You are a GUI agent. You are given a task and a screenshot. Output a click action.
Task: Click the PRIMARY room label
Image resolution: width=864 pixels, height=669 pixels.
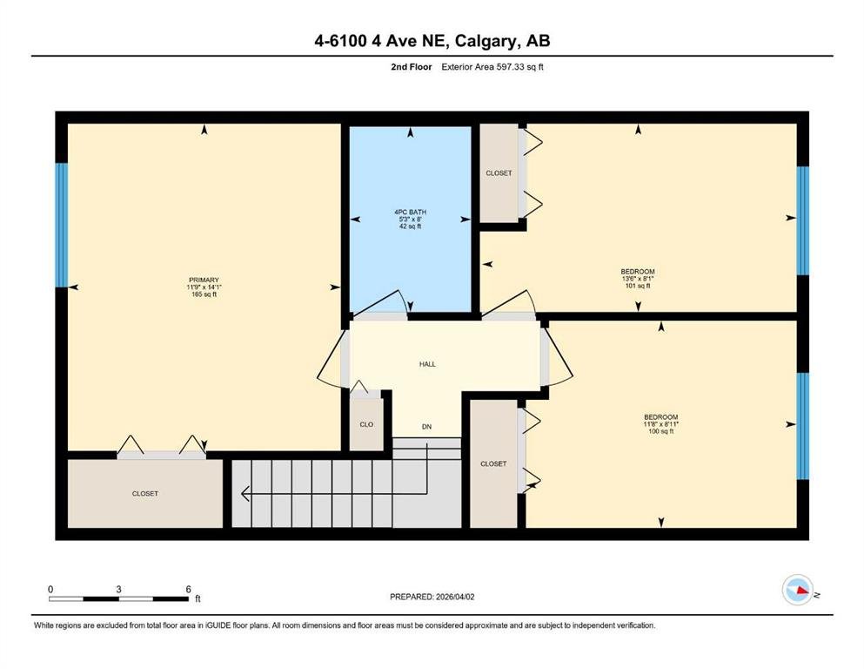(x=204, y=280)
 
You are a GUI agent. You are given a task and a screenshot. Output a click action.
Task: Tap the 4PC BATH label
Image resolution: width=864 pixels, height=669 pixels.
(x=410, y=212)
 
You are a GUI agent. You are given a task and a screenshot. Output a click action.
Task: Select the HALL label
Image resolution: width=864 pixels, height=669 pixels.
(x=427, y=364)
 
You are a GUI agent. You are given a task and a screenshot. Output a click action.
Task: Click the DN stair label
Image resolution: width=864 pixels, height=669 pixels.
(x=426, y=426)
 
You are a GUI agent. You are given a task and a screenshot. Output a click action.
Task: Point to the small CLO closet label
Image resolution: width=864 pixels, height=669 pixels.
(x=366, y=424)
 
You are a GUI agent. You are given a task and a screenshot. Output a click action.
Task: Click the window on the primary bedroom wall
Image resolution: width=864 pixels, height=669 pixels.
(x=62, y=225)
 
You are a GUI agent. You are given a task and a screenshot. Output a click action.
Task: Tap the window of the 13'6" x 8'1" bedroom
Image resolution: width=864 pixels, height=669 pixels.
(x=803, y=220)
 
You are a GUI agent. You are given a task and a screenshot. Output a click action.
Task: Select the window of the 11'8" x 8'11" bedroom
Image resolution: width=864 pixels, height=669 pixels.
(x=803, y=426)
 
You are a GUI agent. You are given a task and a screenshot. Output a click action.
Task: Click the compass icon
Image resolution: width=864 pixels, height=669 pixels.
(x=797, y=590)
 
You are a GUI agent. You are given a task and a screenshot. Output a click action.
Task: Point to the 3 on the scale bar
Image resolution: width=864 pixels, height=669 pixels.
(x=118, y=589)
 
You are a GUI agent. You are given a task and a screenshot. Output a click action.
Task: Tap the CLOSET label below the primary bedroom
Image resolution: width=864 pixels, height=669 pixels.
(x=145, y=494)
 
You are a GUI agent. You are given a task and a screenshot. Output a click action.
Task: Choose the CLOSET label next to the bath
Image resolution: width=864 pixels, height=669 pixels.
(x=499, y=173)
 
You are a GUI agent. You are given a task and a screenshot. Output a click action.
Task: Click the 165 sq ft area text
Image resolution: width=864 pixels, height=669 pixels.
(x=204, y=294)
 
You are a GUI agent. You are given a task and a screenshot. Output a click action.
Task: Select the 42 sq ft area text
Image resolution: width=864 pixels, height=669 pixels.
(x=410, y=226)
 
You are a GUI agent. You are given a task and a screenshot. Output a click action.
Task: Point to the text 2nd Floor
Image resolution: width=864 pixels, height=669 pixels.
(x=411, y=67)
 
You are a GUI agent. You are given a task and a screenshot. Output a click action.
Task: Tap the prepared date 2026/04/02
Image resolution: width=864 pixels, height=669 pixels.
(x=455, y=597)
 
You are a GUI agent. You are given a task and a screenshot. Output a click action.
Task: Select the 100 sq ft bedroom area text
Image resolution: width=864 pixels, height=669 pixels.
(x=660, y=431)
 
